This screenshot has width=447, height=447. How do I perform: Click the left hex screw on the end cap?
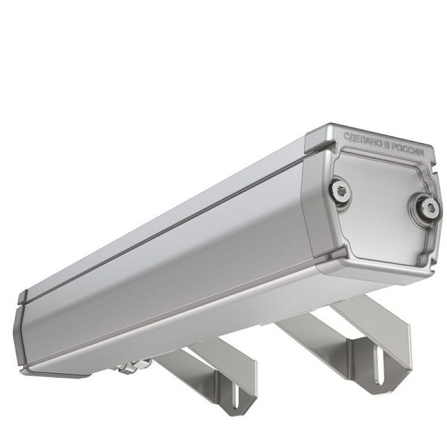point(341,191)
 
